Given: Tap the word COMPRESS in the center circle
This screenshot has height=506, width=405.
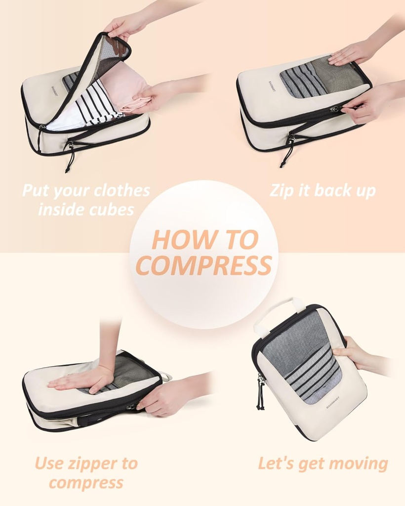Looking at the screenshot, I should coord(203,265).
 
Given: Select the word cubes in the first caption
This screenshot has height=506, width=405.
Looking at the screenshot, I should coord(112,210).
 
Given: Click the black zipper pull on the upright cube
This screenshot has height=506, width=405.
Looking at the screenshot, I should coord(260,393).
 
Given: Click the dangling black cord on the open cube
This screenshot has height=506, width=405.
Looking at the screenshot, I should coord(70,158).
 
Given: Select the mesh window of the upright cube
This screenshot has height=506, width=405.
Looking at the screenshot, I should coord(301,356).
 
